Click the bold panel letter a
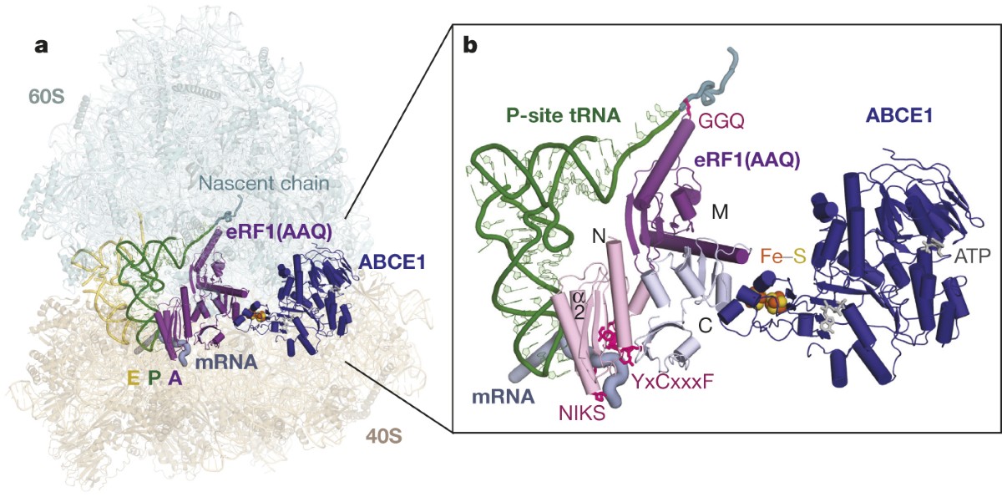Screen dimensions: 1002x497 pos(42,45)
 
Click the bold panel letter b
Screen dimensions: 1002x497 pos(471,45)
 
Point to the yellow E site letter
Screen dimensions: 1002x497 pos(132,378)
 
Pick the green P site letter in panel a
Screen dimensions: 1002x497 pos(153,378)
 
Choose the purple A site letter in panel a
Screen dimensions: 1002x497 pos(175,378)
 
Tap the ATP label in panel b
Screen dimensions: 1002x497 pos(968,257)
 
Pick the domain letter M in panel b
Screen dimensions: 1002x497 pos(720,212)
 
